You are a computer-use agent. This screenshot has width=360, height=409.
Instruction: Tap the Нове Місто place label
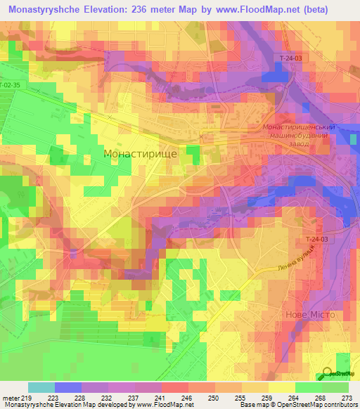point(314,315)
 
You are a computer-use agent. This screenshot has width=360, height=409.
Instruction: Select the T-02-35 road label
point(10,85)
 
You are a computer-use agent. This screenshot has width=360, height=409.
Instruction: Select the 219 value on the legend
point(28,397)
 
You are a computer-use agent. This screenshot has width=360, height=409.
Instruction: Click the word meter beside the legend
point(10,397)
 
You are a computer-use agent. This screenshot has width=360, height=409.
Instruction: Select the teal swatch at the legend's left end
point(41,387)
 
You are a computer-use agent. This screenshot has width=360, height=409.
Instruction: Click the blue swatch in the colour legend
point(68,387)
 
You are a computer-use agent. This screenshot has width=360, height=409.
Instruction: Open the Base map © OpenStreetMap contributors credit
point(297,405)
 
